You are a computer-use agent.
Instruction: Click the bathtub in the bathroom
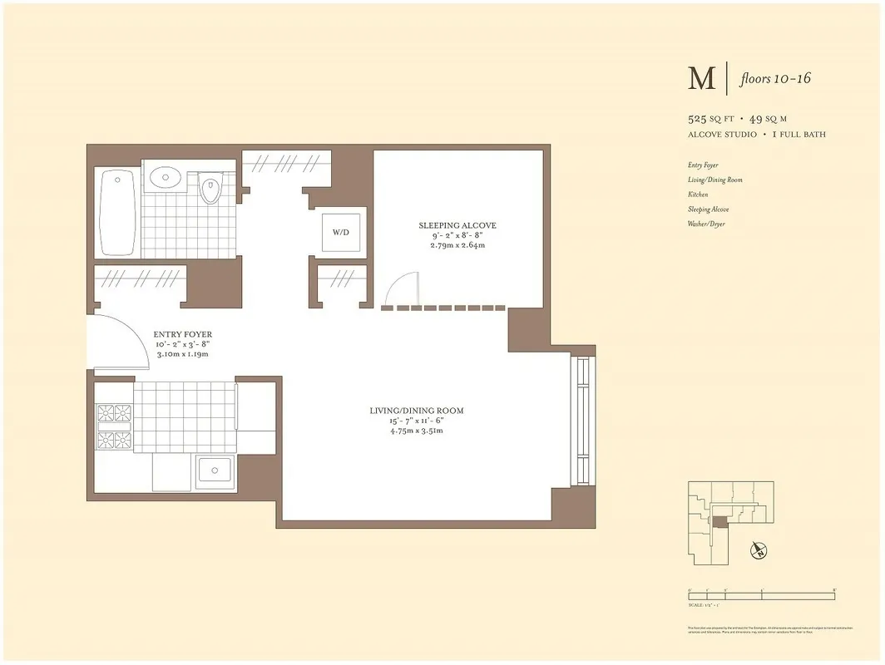pos(117,214)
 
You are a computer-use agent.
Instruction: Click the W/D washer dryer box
pos(341,232)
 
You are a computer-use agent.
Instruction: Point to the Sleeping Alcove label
pos(457,225)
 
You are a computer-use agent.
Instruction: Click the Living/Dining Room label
pos(416,411)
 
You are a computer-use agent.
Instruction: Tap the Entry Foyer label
pos(182,335)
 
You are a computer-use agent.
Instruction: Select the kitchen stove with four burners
pos(114,425)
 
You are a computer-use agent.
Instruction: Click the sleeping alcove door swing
pos(402,290)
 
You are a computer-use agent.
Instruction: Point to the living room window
pos(582,421)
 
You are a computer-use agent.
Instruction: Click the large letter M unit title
pos(701,78)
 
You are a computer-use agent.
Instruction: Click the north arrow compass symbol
pos(758,549)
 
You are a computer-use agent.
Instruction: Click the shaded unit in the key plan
pos(719,521)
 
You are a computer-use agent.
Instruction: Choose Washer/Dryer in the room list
pos(705,224)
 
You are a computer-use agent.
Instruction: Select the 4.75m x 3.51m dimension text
pos(416,431)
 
